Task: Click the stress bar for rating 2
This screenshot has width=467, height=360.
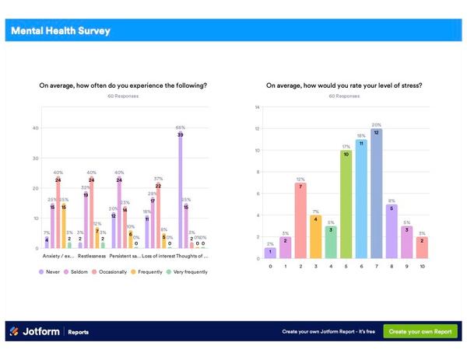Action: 300,221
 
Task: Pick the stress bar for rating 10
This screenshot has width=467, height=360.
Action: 422,248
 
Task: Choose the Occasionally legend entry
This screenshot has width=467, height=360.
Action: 111,271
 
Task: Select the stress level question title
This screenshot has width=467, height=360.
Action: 343,86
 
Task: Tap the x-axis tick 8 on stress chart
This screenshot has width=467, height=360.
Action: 392,267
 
